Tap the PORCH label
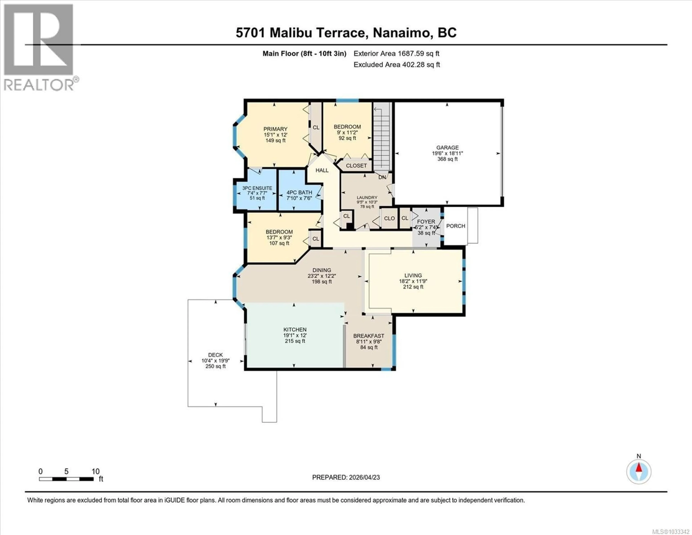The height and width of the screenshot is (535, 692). [456, 226]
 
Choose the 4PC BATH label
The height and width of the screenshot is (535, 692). [299, 193]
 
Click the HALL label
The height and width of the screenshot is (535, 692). [322, 170]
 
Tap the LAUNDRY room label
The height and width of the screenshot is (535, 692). [367, 197]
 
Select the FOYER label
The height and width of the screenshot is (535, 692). [426, 222]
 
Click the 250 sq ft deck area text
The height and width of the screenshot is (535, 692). [216, 366]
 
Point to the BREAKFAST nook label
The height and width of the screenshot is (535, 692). [369, 336]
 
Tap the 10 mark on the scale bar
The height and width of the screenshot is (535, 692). [95, 472]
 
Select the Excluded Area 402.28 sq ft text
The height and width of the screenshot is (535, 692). [397, 65]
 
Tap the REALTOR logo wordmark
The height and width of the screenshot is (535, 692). [39, 85]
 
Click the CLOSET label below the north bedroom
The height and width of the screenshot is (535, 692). [356, 166]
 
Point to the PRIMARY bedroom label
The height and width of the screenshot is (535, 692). [275, 129]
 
